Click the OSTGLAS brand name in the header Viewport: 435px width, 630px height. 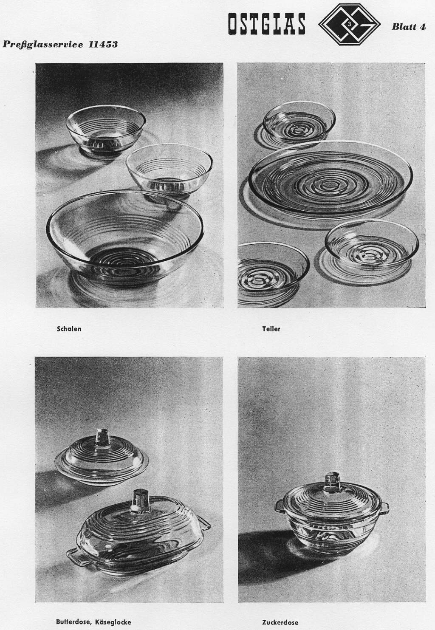[x=266, y=24]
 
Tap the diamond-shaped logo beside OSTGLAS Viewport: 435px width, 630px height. [x=349, y=25]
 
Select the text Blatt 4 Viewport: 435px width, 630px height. [x=409, y=27]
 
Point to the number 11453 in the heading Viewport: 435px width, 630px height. [x=103, y=45]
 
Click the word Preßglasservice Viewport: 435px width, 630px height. [x=43, y=45]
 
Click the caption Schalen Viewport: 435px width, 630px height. [x=69, y=328]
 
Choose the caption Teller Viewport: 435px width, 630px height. [x=271, y=328]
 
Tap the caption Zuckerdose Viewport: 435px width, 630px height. [x=280, y=622]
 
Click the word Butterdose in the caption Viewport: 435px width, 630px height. [x=73, y=622]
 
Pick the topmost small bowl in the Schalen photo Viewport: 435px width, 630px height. [x=106, y=130]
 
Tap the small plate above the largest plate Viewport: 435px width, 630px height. [x=299, y=124]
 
